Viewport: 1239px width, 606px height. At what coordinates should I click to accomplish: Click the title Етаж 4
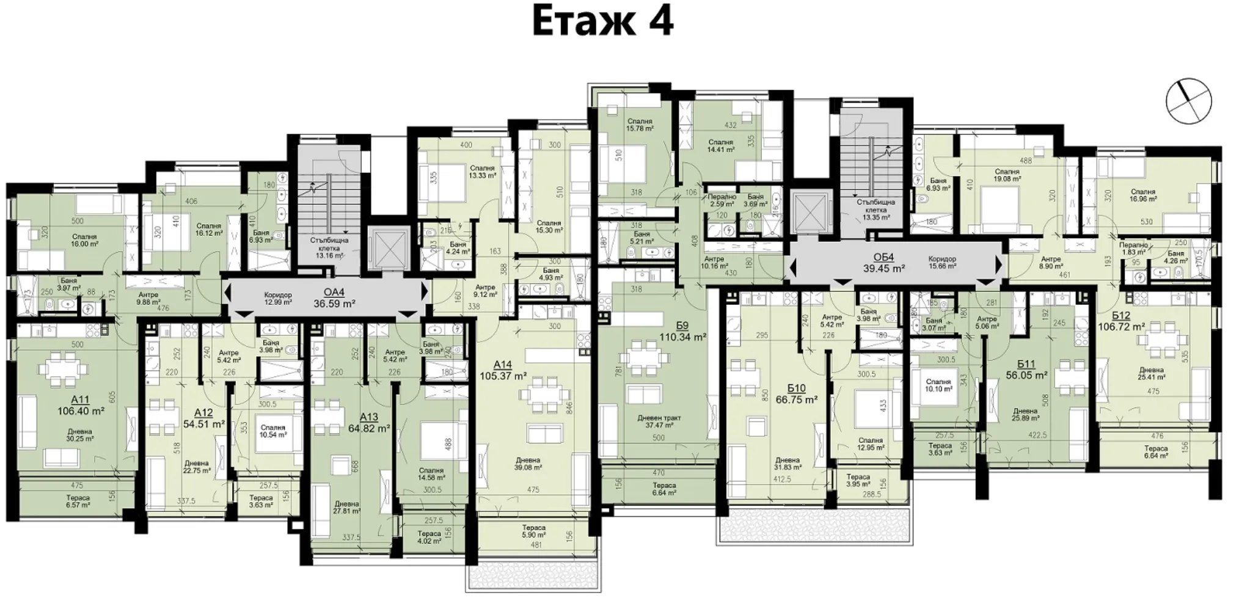click(602, 21)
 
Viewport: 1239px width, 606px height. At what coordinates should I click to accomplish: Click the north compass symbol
click(1188, 101)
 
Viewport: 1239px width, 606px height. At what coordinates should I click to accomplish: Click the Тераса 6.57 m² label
click(78, 502)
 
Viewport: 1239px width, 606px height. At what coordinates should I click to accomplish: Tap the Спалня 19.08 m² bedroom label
click(1007, 176)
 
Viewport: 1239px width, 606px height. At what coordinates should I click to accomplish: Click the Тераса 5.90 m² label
click(533, 531)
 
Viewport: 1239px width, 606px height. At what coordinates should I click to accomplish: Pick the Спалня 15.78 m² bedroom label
click(640, 125)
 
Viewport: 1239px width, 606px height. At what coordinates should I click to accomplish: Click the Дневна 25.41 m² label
click(1151, 373)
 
